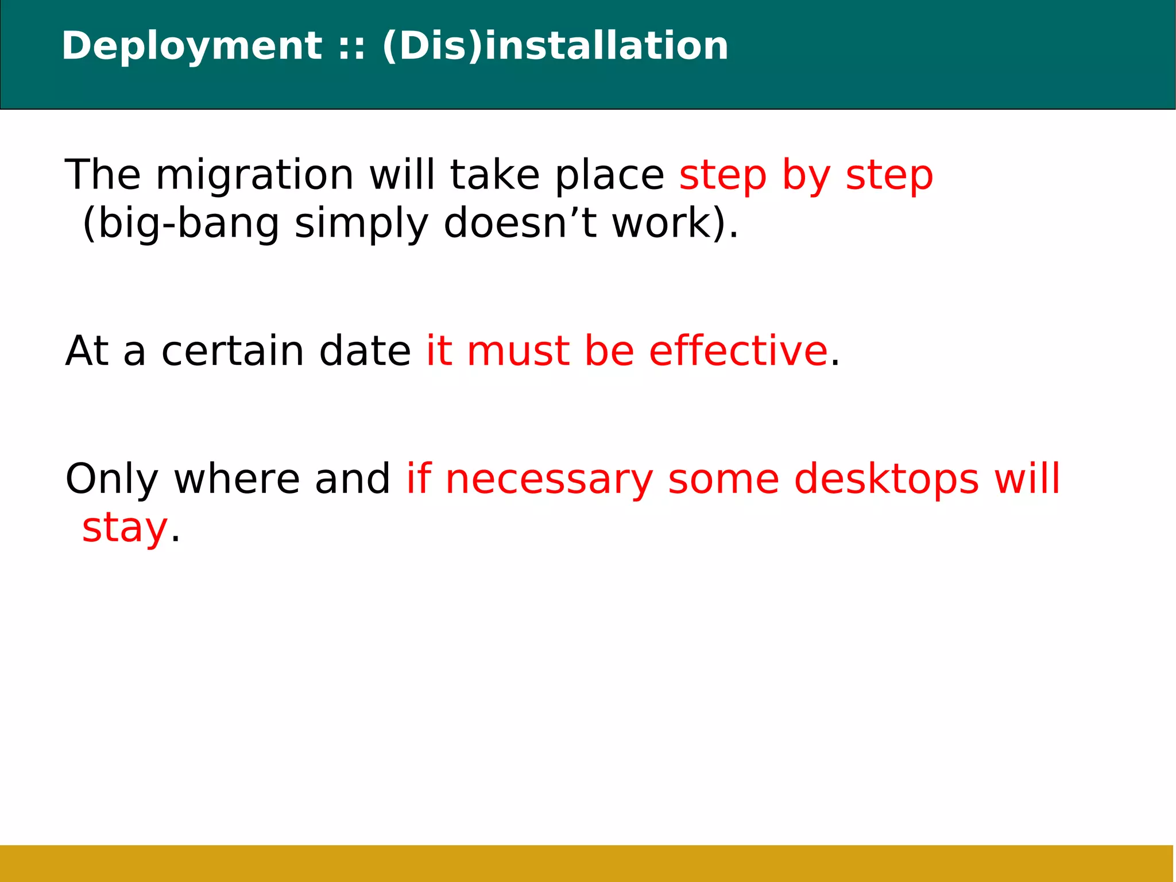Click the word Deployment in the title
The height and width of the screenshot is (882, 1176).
tap(192, 46)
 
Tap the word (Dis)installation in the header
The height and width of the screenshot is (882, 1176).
tap(555, 46)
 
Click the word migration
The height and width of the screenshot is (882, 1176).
tap(254, 175)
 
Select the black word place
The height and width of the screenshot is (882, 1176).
tap(609, 175)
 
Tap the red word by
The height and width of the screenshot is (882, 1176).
tap(806, 175)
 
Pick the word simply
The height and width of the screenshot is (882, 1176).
tap(361, 224)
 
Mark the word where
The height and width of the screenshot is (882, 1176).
tap(237, 480)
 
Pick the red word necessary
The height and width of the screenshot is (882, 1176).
tap(549, 480)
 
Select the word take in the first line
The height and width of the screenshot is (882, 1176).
tap(494, 175)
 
